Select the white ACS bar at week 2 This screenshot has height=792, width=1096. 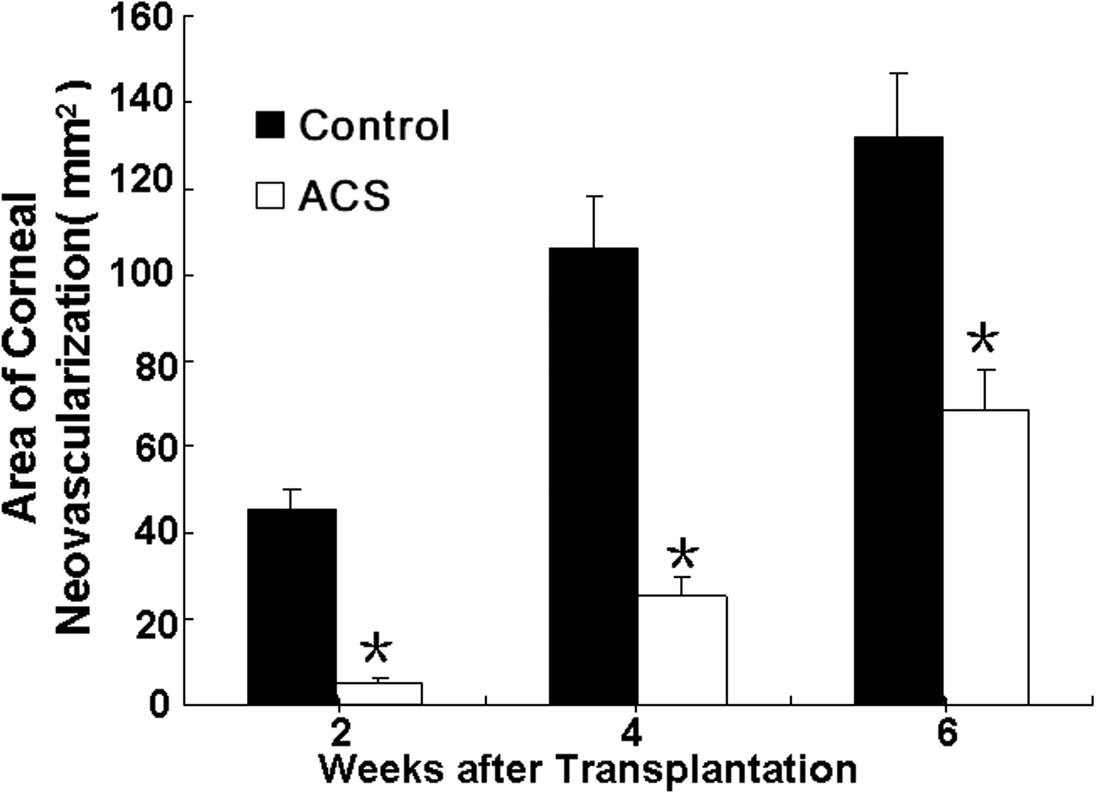tap(379, 694)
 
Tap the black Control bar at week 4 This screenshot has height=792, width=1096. tap(593, 476)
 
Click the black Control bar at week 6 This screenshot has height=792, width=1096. tap(898, 420)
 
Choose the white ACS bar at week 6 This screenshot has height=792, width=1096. tap(985, 557)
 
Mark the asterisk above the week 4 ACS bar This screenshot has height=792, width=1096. tap(682, 553)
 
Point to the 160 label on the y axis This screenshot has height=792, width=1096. tap(141, 18)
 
